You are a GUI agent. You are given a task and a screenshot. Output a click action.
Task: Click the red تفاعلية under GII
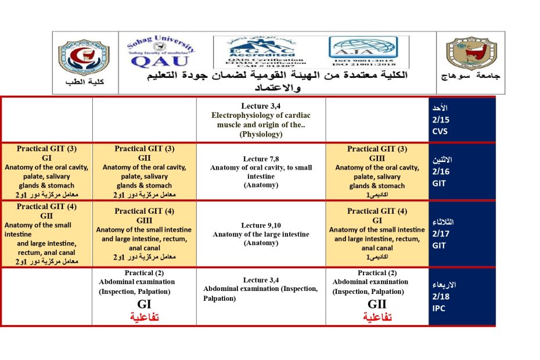(377, 317)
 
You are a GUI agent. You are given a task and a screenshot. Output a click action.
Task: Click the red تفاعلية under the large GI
(144, 317)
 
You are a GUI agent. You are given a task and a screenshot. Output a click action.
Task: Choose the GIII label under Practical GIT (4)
(144, 220)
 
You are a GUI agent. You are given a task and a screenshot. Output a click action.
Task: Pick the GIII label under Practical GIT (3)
(377, 158)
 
